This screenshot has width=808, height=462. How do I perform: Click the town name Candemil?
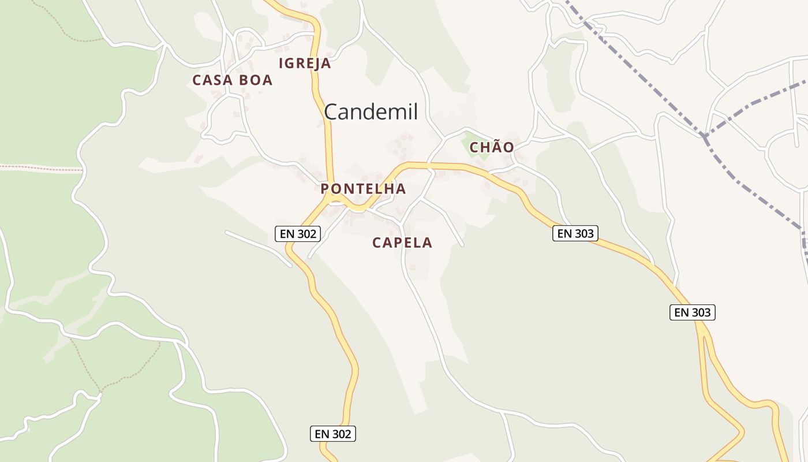pos(371,111)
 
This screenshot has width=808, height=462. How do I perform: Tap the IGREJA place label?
pos(305,64)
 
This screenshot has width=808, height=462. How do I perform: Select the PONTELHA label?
pos(363,189)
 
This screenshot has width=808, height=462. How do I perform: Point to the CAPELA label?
pos(402,243)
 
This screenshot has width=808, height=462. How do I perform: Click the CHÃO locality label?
pos(492,147)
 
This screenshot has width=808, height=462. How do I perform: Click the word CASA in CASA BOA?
pos(212,80)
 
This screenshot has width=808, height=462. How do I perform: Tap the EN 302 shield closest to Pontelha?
pos(297,234)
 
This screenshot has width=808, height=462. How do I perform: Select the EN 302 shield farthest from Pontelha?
pos(333,434)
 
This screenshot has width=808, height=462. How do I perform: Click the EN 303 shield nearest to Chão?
pos(575,233)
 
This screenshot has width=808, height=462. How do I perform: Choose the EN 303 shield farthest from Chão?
pos(693,312)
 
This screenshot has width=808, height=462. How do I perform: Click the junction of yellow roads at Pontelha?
pos(331,197)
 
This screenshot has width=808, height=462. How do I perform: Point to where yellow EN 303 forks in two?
pos(700,328)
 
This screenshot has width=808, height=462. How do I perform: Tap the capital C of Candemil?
pos(331,111)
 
